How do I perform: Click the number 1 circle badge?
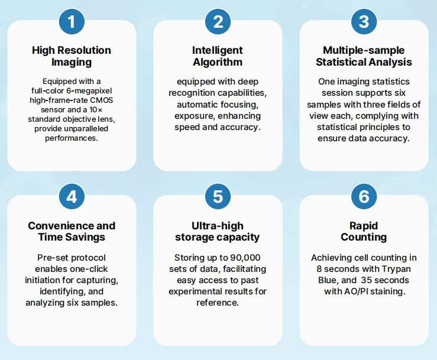[72, 21]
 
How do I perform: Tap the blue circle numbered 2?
[218, 21]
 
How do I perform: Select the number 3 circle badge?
[364, 21]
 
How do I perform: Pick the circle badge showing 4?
[72, 196]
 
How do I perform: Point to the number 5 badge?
[218, 196]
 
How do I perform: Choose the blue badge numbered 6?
[364, 196]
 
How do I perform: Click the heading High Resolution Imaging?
[72, 56]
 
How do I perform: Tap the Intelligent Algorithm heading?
[218, 56]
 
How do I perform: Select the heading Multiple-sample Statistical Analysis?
[364, 56]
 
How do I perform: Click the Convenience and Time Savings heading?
[72, 231]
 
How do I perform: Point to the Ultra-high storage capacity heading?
[218, 231]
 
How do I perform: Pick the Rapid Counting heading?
[364, 231]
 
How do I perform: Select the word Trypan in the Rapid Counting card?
[396, 269]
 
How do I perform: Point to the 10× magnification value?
[96, 109]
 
